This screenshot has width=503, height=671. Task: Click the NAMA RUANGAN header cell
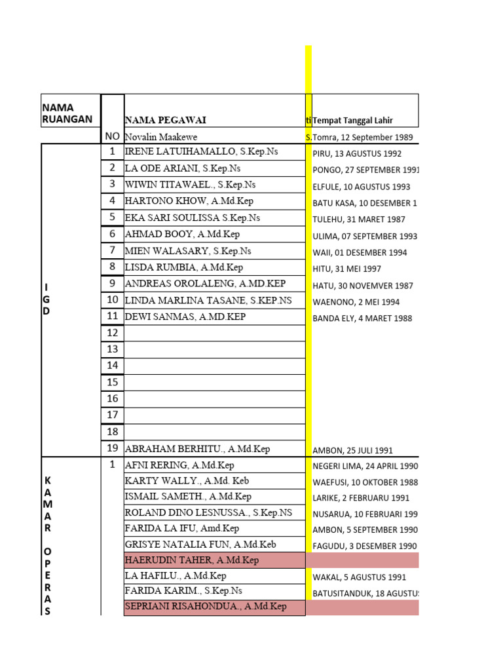(67, 113)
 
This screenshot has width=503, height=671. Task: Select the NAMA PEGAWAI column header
(165, 120)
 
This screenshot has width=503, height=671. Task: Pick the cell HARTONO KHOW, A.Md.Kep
(189, 201)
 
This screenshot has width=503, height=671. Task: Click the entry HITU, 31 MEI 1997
(345, 269)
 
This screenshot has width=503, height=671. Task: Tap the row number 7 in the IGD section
(112, 250)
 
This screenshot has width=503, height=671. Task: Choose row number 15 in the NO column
(112, 382)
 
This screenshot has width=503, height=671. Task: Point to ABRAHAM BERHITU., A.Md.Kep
(197, 449)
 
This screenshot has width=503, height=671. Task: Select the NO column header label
(112, 137)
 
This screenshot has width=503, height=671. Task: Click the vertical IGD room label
(47, 299)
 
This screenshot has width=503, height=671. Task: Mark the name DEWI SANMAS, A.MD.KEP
(185, 316)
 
